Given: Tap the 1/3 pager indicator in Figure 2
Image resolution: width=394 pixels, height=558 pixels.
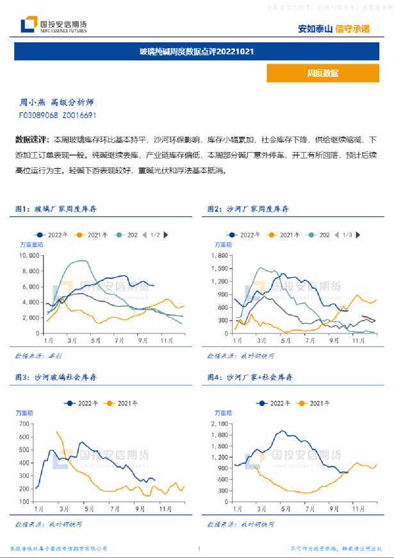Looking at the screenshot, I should tap(347, 235).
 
